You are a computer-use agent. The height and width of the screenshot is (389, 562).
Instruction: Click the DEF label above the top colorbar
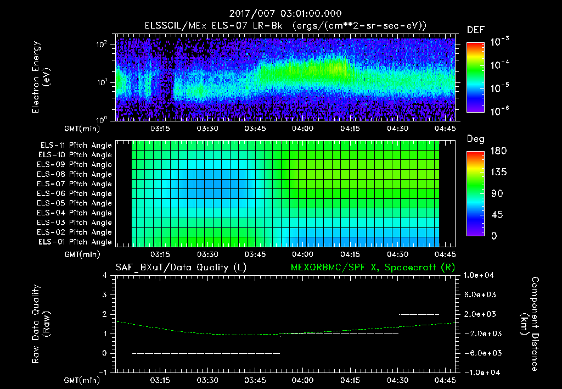[x=475, y=30]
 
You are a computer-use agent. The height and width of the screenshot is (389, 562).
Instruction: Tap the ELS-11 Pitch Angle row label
[x=76, y=146]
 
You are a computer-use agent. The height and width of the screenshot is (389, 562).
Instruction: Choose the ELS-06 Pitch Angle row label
[x=76, y=193]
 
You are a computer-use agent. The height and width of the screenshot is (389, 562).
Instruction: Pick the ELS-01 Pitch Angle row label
[x=76, y=242]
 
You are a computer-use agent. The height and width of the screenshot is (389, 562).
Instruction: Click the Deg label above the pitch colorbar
[x=475, y=139]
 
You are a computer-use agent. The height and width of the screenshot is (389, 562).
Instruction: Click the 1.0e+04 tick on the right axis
[x=481, y=275]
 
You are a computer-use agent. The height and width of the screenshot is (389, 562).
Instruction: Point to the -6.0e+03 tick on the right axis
[x=481, y=353]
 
